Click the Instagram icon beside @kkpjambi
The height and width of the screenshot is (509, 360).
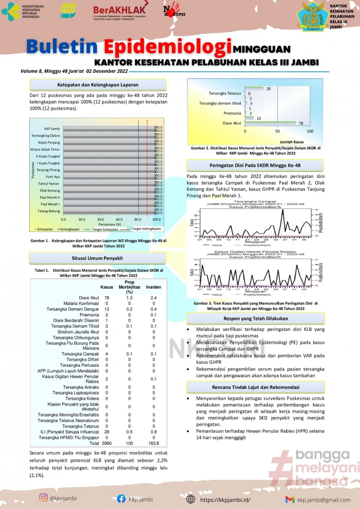[44, 497]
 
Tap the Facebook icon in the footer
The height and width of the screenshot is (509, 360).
[121, 499]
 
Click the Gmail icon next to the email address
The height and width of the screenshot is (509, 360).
[290, 499]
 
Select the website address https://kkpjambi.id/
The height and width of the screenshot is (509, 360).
[225, 500]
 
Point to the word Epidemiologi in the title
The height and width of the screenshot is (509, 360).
[168, 47]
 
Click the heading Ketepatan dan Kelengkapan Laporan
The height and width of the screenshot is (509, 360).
[98, 85]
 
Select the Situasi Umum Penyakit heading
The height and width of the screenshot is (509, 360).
[97, 258]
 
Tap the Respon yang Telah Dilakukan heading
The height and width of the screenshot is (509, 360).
[256, 319]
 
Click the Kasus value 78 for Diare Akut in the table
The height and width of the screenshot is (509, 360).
[107, 298]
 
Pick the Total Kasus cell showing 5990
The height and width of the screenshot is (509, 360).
[107, 443]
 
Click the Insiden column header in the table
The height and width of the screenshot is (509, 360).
[153, 287]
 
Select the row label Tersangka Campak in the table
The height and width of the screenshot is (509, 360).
[80, 354]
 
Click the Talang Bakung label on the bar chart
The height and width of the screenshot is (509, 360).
[49, 211]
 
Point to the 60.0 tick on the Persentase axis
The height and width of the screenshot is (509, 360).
[119, 219]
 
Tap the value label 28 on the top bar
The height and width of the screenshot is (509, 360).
[269, 89]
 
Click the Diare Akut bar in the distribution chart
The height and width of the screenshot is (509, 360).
[270, 123]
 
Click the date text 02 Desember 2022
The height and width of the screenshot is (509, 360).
[107, 71]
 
